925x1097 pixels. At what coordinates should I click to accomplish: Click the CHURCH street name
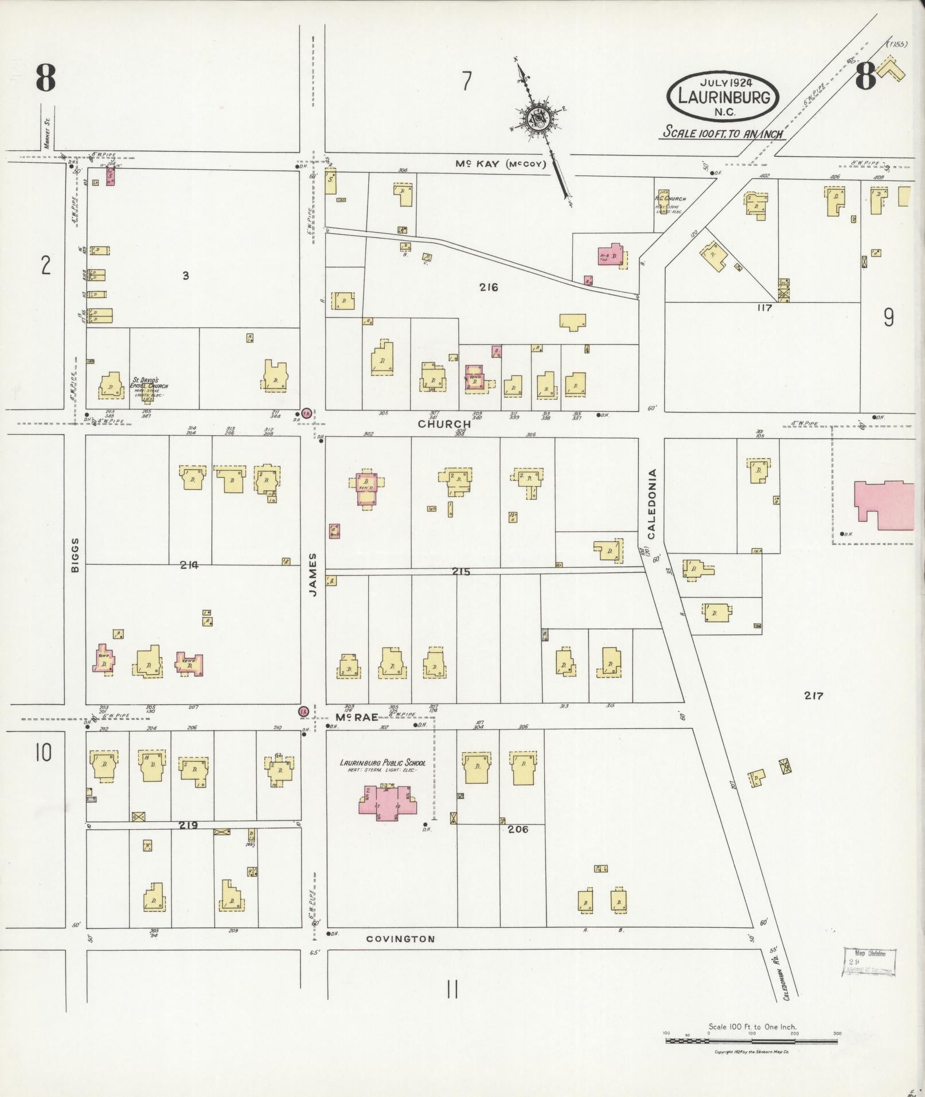pos(444,424)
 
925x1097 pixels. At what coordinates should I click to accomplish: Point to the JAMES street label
pos(313,574)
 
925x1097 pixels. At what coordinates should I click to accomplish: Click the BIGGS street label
pos(75,555)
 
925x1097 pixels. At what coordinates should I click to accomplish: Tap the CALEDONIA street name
pos(651,504)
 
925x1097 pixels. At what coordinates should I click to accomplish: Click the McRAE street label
pos(356,717)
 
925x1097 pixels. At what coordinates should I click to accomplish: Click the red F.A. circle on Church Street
pos(307,413)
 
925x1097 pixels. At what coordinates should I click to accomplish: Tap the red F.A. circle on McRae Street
pos(303,712)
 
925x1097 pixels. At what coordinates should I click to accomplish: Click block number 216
pos(489,287)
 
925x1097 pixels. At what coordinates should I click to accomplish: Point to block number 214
pos(189,565)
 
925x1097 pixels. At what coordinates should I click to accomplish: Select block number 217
pos(813,696)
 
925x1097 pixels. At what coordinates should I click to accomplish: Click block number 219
pos(188,825)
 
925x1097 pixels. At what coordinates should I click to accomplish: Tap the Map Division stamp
pos(869,962)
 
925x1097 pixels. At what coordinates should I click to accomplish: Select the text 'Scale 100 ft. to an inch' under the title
pos(724,132)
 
